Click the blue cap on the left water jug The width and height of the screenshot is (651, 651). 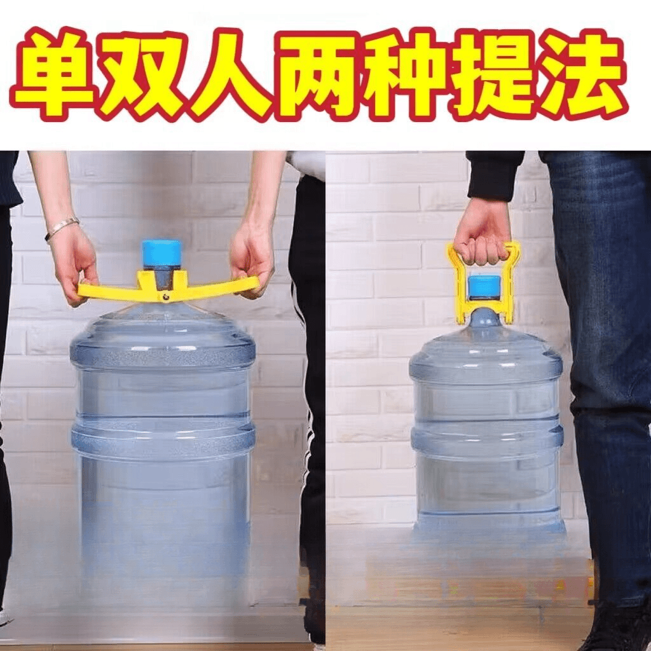(161, 253)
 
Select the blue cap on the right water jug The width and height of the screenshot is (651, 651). (484, 287)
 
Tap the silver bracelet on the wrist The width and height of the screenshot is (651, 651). (61, 228)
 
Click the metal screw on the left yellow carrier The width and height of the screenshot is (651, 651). (166, 296)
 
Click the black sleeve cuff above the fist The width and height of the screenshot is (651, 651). (494, 177)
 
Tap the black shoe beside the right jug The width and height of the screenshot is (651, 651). (619, 629)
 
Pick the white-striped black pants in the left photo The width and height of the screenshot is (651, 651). (307, 394)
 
